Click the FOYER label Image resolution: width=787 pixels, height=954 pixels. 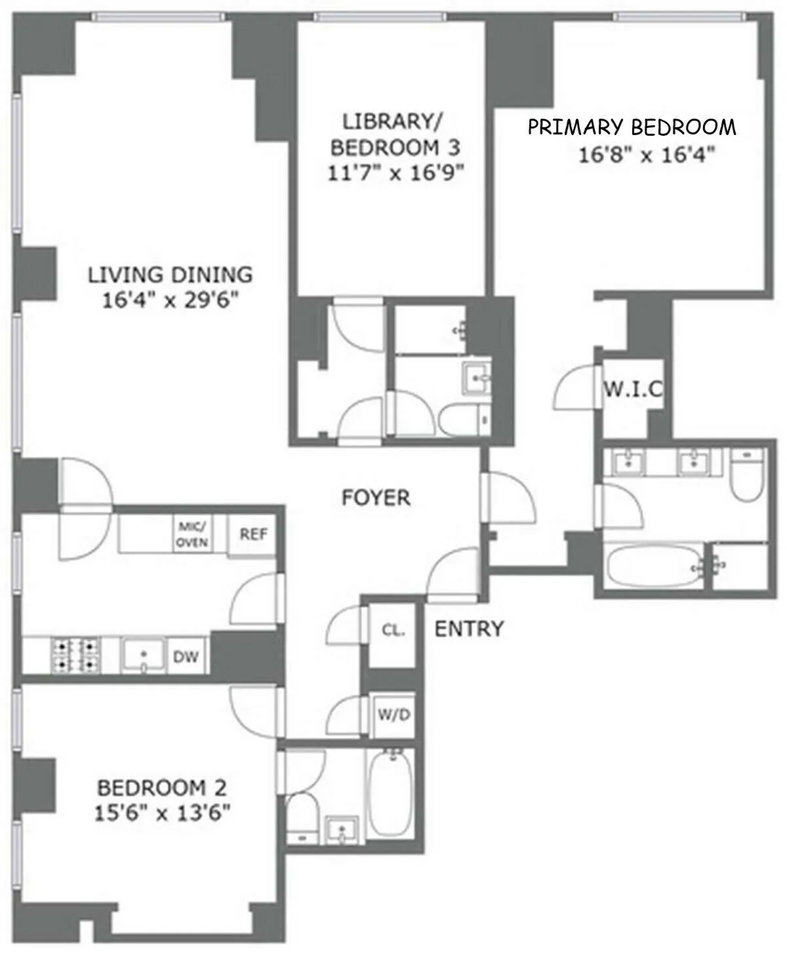(376, 498)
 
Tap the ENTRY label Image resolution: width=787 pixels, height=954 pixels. (469, 629)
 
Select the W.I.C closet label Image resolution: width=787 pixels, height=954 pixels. (632, 391)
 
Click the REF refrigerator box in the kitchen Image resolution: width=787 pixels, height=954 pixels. (253, 534)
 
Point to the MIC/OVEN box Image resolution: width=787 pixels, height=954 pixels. (192, 534)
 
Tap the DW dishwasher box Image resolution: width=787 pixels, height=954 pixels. (186, 656)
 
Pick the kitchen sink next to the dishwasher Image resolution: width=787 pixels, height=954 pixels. (143, 656)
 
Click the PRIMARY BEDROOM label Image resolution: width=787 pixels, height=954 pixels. (632, 127)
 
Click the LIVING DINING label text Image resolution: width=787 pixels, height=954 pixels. (170, 274)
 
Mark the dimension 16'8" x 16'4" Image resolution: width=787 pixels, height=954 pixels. (646, 155)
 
